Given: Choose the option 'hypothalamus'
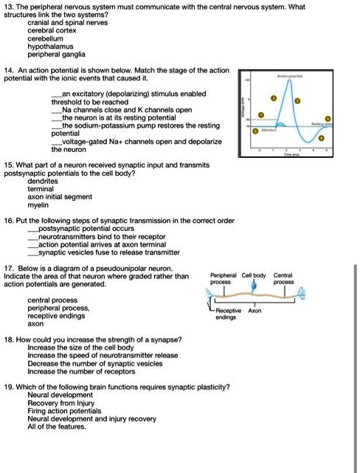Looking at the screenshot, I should [x=52, y=46].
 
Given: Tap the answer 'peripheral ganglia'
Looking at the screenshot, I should [x=56, y=54].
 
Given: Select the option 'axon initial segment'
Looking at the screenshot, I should [x=59, y=196].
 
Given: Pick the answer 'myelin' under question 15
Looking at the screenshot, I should [x=38, y=204].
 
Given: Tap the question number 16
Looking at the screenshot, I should [x=10, y=221].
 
